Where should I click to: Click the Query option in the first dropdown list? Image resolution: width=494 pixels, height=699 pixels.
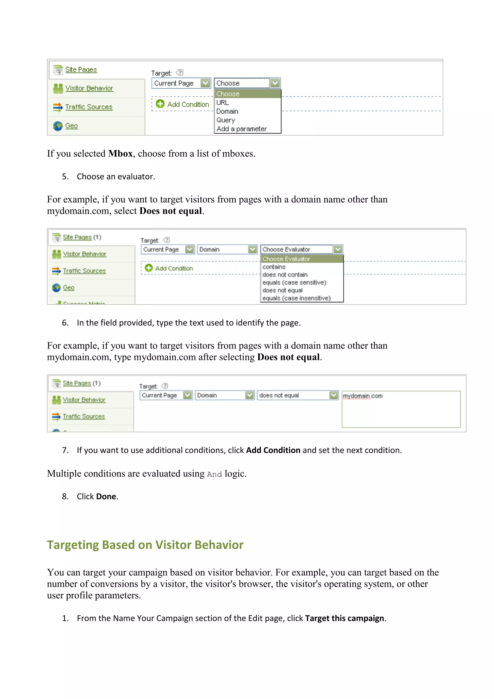click(226, 120)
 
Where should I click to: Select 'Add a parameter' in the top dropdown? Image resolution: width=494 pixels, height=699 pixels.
click(241, 129)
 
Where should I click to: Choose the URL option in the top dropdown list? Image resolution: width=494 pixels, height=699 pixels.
click(222, 103)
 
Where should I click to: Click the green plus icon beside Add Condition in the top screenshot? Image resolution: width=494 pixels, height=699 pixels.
click(160, 104)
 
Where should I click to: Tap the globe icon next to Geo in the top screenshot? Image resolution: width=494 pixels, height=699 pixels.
click(58, 126)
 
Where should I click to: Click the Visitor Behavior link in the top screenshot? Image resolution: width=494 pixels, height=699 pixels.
click(89, 88)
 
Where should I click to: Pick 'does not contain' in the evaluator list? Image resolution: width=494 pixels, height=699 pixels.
click(285, 275)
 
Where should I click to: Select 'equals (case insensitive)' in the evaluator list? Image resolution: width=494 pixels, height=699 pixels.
click(296, 298)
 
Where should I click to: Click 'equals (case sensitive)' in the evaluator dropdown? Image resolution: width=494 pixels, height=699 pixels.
click(294, 283)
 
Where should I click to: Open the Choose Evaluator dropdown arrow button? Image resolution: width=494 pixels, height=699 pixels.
click(338, 249)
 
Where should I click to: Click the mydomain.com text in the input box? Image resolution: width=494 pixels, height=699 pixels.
click(363, 396)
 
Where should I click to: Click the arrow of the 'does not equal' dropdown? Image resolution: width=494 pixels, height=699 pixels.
click(334, 395)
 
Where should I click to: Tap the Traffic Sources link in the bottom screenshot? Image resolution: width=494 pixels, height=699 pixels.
click(84, 416)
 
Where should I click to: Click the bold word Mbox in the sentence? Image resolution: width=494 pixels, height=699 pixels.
click(120, 154)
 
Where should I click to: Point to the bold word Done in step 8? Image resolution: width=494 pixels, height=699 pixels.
click(106, 496)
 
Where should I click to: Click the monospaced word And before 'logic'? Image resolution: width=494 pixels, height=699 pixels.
click(214, 474)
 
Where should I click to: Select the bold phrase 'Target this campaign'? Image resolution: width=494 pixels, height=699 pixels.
click(344, 618)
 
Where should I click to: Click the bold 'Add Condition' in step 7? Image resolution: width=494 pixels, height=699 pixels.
click(273, 450)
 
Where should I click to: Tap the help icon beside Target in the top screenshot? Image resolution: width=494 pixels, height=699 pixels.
click(180, 72)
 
